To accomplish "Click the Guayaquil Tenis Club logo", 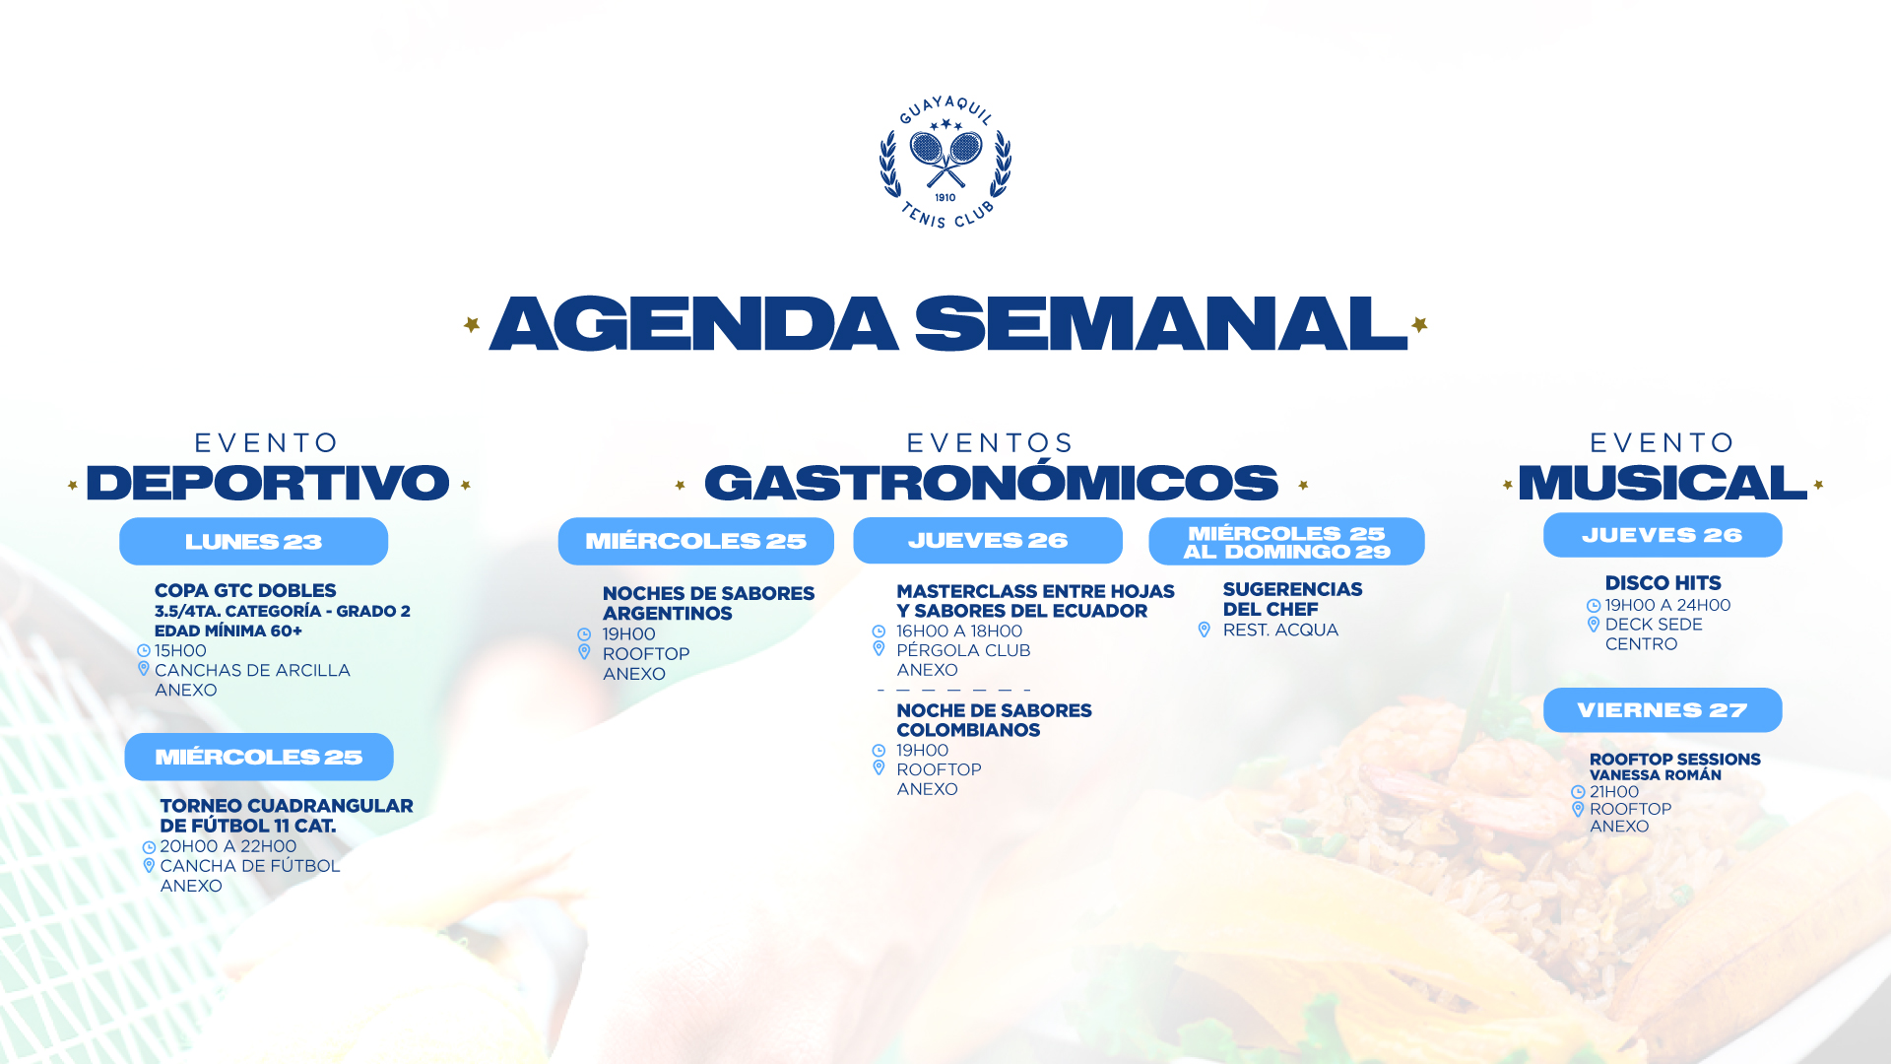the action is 945,163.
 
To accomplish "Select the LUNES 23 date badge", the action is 253,541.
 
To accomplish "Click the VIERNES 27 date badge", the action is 1663,709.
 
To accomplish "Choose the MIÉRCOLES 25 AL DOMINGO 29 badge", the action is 1286,541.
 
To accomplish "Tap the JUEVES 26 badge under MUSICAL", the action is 1663,535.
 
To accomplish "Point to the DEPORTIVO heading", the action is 268,482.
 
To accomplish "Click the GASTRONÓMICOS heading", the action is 991,482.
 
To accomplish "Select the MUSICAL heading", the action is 1663,482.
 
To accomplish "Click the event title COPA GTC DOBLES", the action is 245,590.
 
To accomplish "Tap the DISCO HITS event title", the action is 1663,583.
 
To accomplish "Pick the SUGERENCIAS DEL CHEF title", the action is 1292,599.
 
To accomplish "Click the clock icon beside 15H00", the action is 144,650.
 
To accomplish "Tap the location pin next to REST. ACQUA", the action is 1204,630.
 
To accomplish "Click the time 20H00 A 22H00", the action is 228,846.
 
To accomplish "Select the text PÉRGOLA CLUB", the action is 963,650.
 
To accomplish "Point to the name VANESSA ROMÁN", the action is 1656,775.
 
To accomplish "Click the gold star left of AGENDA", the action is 472,324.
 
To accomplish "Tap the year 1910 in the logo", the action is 945,197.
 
